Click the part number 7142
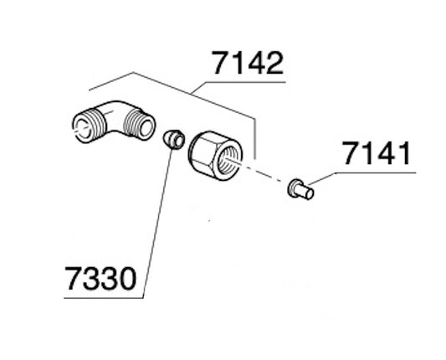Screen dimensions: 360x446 pos(247,64)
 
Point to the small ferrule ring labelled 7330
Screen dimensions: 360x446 pos(173,139)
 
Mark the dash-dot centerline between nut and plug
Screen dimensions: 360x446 pos(265,177)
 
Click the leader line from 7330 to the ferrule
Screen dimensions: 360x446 pos(157,218)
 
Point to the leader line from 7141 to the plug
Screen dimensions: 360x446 pos(321,178)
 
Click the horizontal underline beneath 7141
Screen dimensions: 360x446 pos(377,172)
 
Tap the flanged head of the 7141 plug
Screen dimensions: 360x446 pos(293,188)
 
